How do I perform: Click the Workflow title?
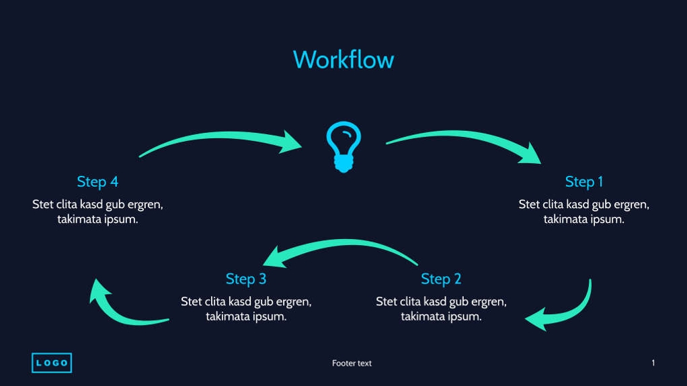tap(343, 60)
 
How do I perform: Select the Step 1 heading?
tap(583, 181)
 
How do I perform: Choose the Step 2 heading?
tap(441, 279)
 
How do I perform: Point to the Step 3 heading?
tap(246, 279)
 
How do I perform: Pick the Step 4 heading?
tap(97, 181)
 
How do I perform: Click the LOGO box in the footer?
tap(52, 363)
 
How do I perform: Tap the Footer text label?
tap(352, 363)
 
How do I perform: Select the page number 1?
tap(653, 363)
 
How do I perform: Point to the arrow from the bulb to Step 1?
tap(464, 139)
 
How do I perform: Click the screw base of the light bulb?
tap(343, 163)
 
